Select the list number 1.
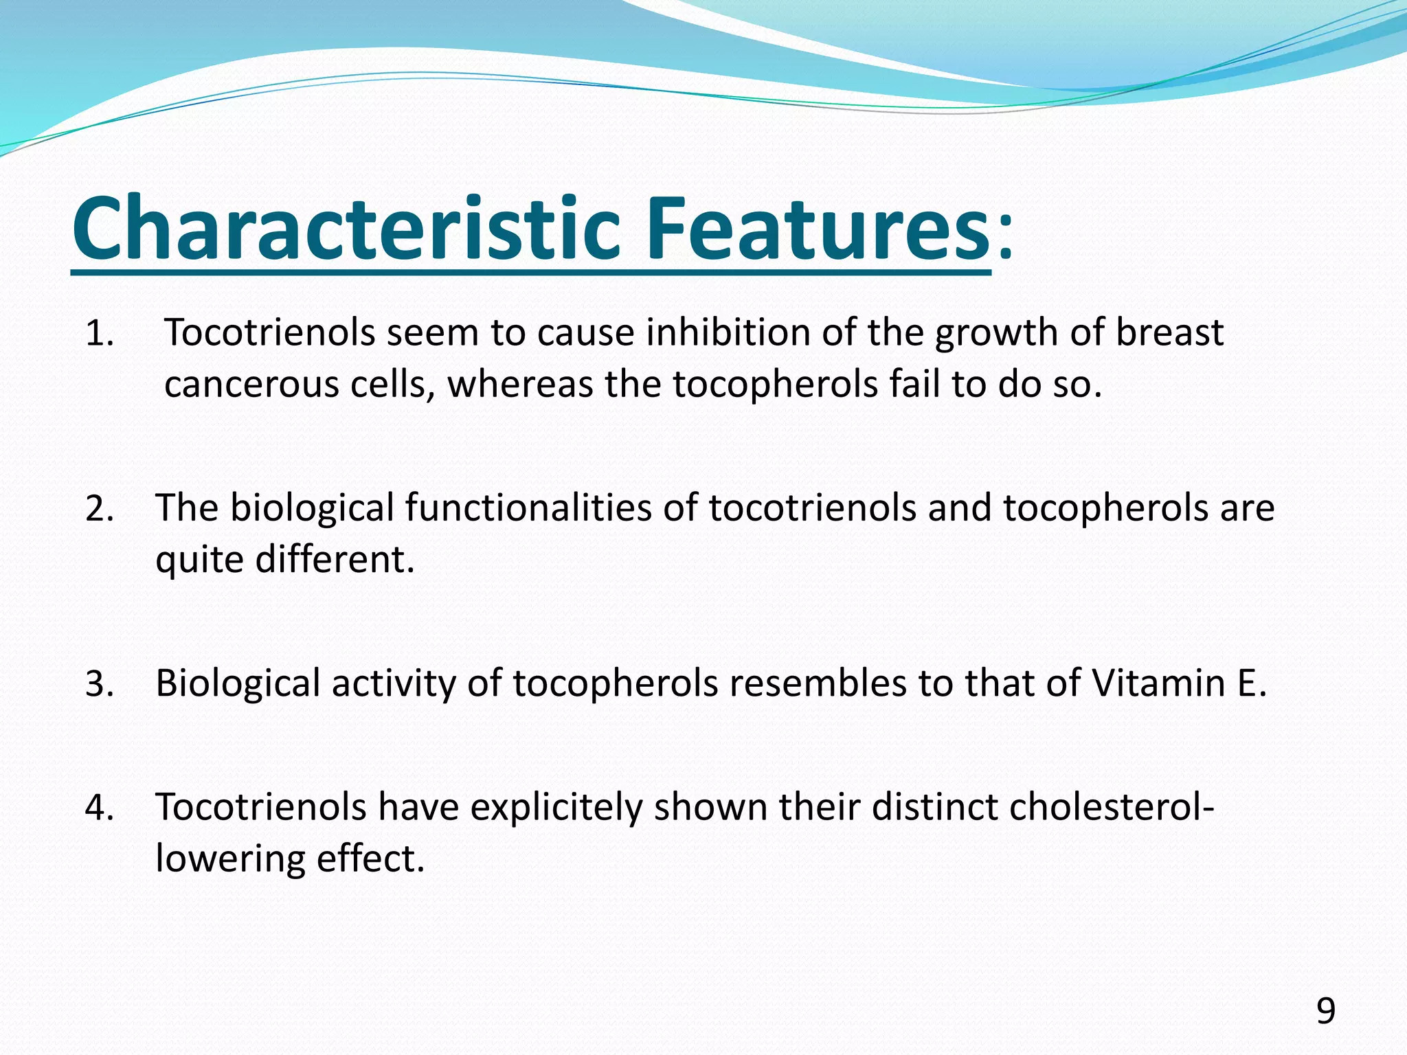[99, 334]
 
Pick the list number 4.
[99, 808]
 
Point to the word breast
[1169, 332]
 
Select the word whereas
[520, 385]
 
